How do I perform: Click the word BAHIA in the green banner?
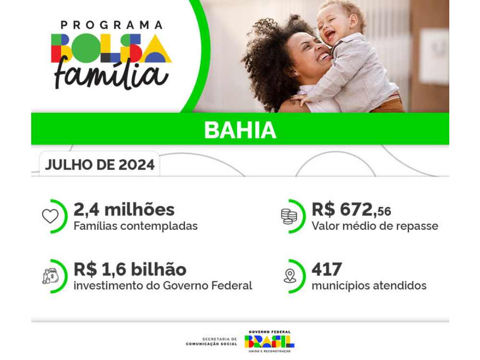click(x=240, y=130)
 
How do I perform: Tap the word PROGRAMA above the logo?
click(x=111, y=25)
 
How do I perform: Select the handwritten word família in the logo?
click(x=111, y=74)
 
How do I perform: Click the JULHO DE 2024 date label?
click(x=100, y=165)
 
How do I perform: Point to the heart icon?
click(x=50, y=216)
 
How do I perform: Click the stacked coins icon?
click(x=289, y=216)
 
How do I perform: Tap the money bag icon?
click(x=50, y=276)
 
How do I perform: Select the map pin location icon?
click(x=289, y=276)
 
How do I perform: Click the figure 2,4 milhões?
click(x=124, y=210)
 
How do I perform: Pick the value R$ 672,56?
click(x=351, y=210)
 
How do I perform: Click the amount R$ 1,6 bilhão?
click(x=130, y=269)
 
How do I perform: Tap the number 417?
click(x=326, y=269)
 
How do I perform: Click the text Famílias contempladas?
click(x=136, y=226)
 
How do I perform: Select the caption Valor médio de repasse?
click(x=375, y=226)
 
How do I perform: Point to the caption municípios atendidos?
click(x=369, y=286)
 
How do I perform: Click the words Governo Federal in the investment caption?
click(x=207, y=286)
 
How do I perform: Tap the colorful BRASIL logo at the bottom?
click(x=269, y=341)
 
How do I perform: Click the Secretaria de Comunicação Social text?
click(x=212, y=341)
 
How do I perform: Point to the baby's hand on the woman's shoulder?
click(x=300, y=98)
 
